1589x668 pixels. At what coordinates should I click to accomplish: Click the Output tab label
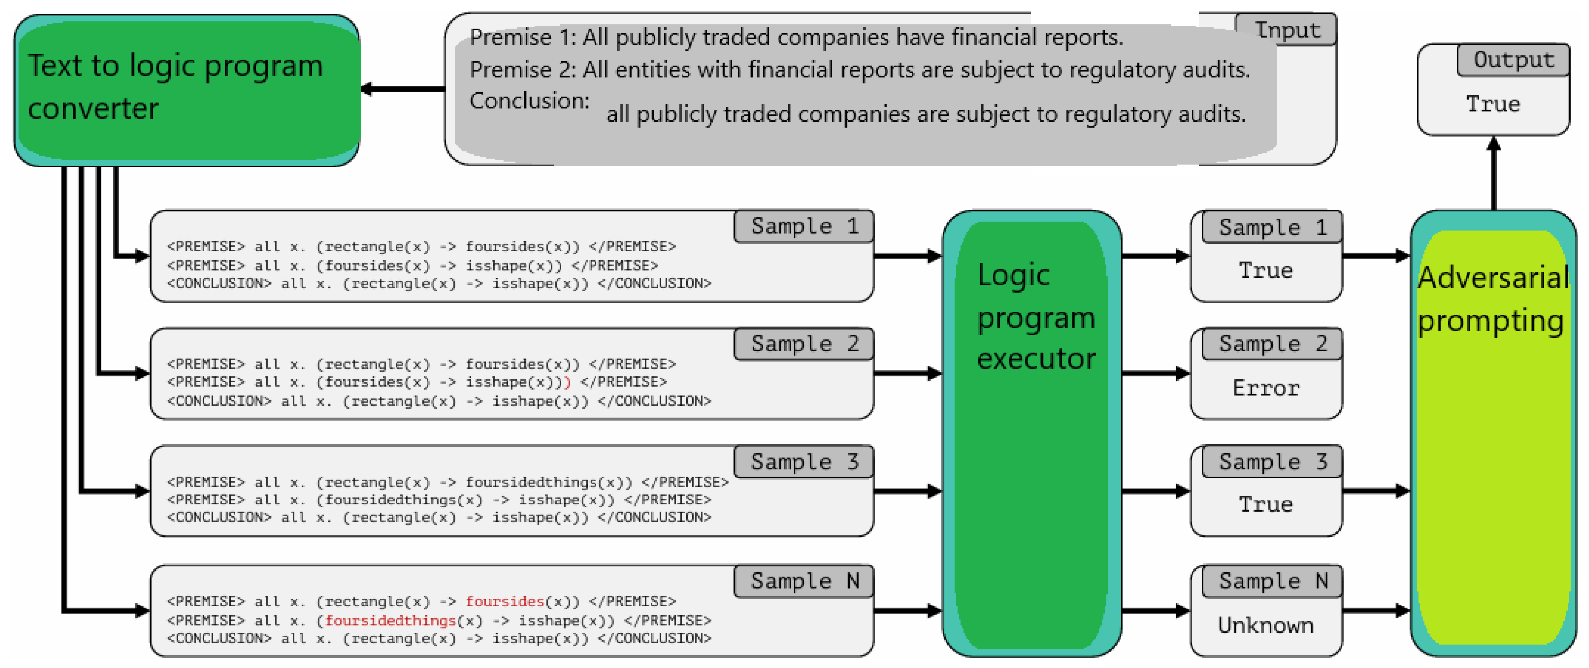(x=1513, y=60)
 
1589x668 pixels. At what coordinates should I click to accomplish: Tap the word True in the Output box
(x=1493, y=104)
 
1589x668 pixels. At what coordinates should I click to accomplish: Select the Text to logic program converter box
(x=187, y=91)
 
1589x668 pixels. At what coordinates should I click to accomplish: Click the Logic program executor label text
(x=1036, y=317)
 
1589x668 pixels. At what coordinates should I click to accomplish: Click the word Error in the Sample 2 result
(x=1266, y=388)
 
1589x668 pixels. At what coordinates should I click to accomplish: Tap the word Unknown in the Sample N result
(x=1266, y=625)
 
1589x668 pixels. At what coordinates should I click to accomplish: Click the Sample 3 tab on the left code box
(x=804, y=462)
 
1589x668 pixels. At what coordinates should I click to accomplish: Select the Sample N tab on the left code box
(x=804, y=580)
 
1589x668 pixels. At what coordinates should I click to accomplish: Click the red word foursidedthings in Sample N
(x=390, y=620)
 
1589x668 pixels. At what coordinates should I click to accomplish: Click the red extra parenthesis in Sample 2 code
(x=568, y=382)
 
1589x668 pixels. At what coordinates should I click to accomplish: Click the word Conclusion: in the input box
(x=529, y=101)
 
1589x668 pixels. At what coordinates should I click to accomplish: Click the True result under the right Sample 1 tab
(x=1266, y=270)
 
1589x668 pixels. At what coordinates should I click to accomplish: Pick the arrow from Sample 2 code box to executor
(x=907, y=373)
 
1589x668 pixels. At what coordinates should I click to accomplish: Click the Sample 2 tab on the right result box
(x=1272, y=343)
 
